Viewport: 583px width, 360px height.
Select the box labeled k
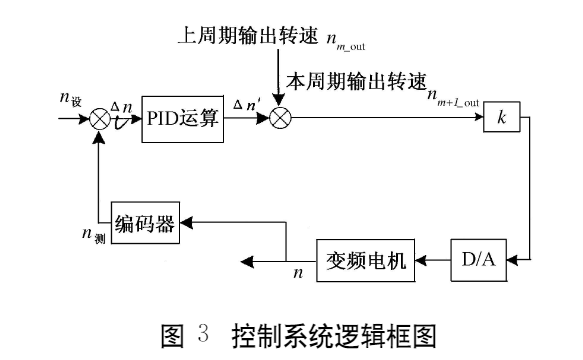[502, 118]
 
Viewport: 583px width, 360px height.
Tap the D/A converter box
[478, 258]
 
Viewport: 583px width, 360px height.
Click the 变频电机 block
[365, 258]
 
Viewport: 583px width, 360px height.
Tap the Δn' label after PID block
[245, 104]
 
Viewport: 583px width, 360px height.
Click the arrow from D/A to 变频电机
[432, 259]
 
